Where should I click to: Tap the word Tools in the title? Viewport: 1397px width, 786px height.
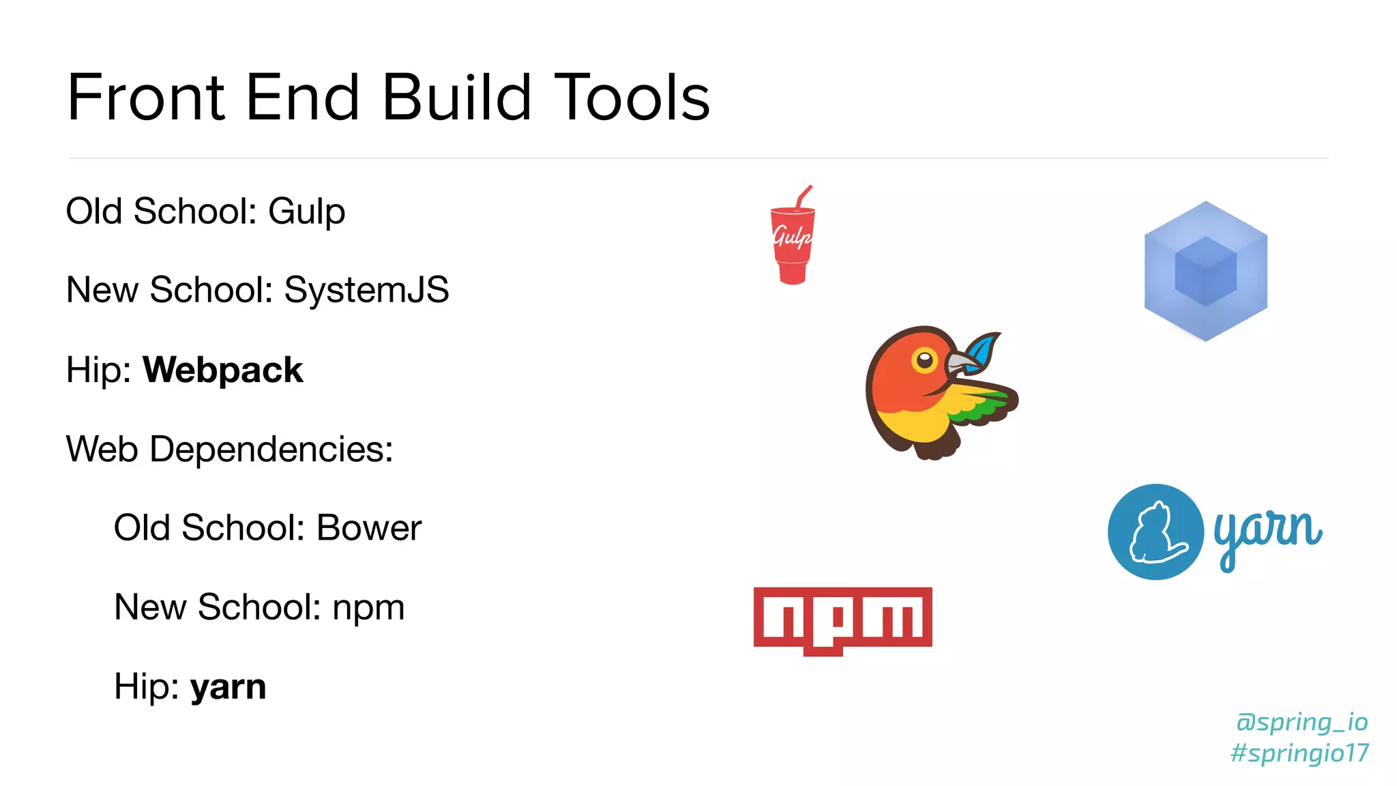tap(632, 98)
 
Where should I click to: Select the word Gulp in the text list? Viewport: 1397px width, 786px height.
tap(306, 212)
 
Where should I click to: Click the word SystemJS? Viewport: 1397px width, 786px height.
tap(366, 290)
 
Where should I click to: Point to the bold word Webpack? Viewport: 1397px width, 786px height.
tap(222, 370)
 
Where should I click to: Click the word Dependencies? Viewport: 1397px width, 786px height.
tap(271, 450)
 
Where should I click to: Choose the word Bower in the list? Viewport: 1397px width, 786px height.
tap(369, 528)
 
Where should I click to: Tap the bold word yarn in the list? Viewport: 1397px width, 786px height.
tap(228, 687)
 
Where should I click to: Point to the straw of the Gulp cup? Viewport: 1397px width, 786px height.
tap(804, 196)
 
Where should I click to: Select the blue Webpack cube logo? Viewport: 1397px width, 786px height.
tap(1205, 271)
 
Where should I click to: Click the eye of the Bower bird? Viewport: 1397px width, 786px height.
tap(924, 360)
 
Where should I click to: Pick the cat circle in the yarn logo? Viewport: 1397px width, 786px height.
tap(1156, 532)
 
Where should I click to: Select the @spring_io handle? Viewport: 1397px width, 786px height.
tap(1302, 722)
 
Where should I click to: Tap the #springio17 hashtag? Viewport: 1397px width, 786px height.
tap(1299, 753)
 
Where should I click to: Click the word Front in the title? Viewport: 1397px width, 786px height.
tap(146, 98)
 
